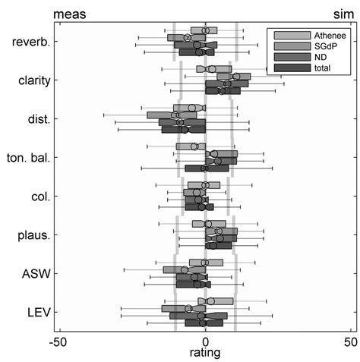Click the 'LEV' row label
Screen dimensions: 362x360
(x=38, y=313)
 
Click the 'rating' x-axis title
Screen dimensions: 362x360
(x=204, y=354)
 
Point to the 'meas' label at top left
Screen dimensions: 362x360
(x=68, y=13)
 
